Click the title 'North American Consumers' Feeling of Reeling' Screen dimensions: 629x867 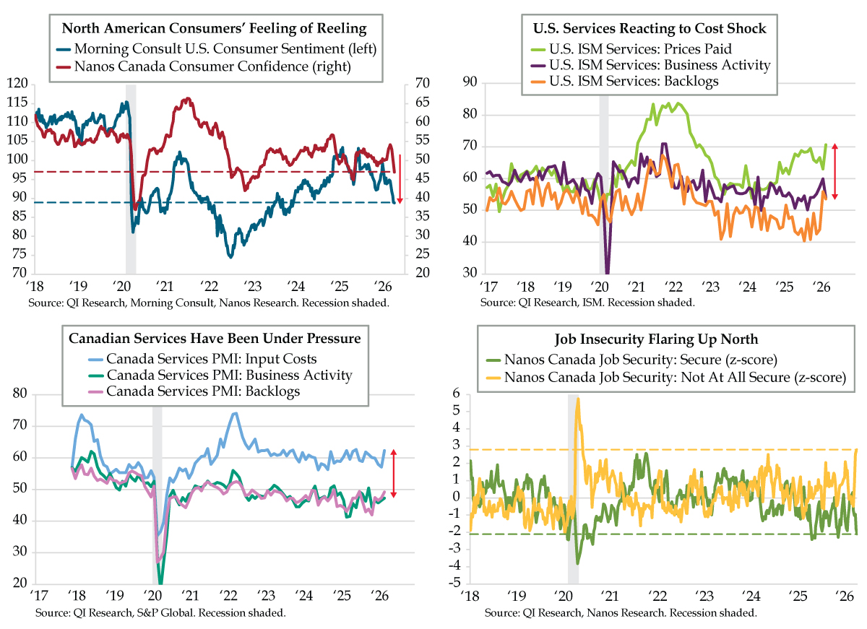[x=214, y=29]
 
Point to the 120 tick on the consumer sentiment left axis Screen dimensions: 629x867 [x=22, y=84]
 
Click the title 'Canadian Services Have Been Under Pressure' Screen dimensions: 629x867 [x=215, y=338]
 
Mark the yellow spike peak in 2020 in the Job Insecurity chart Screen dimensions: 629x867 [x=578, y=399]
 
